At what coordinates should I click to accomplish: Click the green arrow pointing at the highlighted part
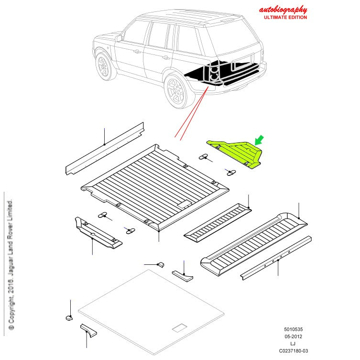pos(260,140)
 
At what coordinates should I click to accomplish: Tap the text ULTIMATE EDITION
pos(286,17)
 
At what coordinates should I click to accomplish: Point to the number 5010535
pos(293,329)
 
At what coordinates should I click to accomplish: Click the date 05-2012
pos(293,337)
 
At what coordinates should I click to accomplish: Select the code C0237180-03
pos(293,351)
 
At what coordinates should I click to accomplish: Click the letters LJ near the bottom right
pos(293,344)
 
